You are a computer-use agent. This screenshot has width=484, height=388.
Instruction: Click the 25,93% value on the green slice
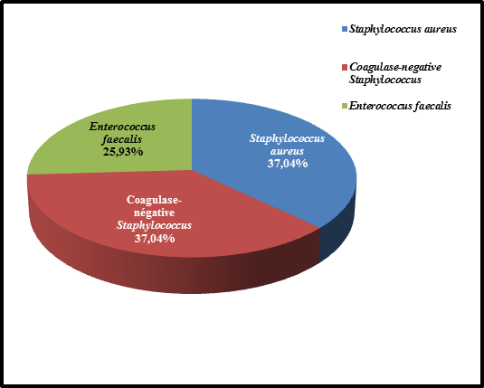pyautogui.click(x=123, y=152)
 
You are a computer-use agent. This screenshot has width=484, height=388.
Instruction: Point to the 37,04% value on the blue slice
pyautogui.click(x=288, y=164)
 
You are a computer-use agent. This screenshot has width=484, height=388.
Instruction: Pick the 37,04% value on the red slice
pyautogui.click(x=155, y=238)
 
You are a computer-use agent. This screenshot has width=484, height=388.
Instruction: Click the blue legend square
pyautogui.click(x=345, y=29)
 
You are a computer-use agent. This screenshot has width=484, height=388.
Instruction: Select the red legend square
pyautogui.click(x=345, y=67)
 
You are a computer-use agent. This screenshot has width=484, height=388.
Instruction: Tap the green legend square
pyautogui.click(x=345, y=106)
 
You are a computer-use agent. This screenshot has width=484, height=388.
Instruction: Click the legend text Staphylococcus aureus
pyautogui.click(x=403, y=29)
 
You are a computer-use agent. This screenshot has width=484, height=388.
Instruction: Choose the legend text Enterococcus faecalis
pyautogui.click(x=400, y=106)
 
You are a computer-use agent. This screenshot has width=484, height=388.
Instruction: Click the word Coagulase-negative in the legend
pyautogui.click(x=395, y=67)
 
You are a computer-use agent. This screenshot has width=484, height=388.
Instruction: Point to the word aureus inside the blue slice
pyautogui.click(x=288, y=151)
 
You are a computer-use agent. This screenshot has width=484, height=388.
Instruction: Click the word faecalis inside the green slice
pyautogui.click(x=122, y=139)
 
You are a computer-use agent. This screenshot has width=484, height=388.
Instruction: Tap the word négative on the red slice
pyautogui.click(x=154, y=213)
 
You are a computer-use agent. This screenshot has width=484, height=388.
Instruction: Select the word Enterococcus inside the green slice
pyautogui.click(x=122, y=127)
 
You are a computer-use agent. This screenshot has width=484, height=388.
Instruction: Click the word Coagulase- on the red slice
pyautogui.click(x=155, y=200)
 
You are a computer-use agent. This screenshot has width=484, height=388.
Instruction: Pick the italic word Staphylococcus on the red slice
pyautogui.click(x=154, y=225)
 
